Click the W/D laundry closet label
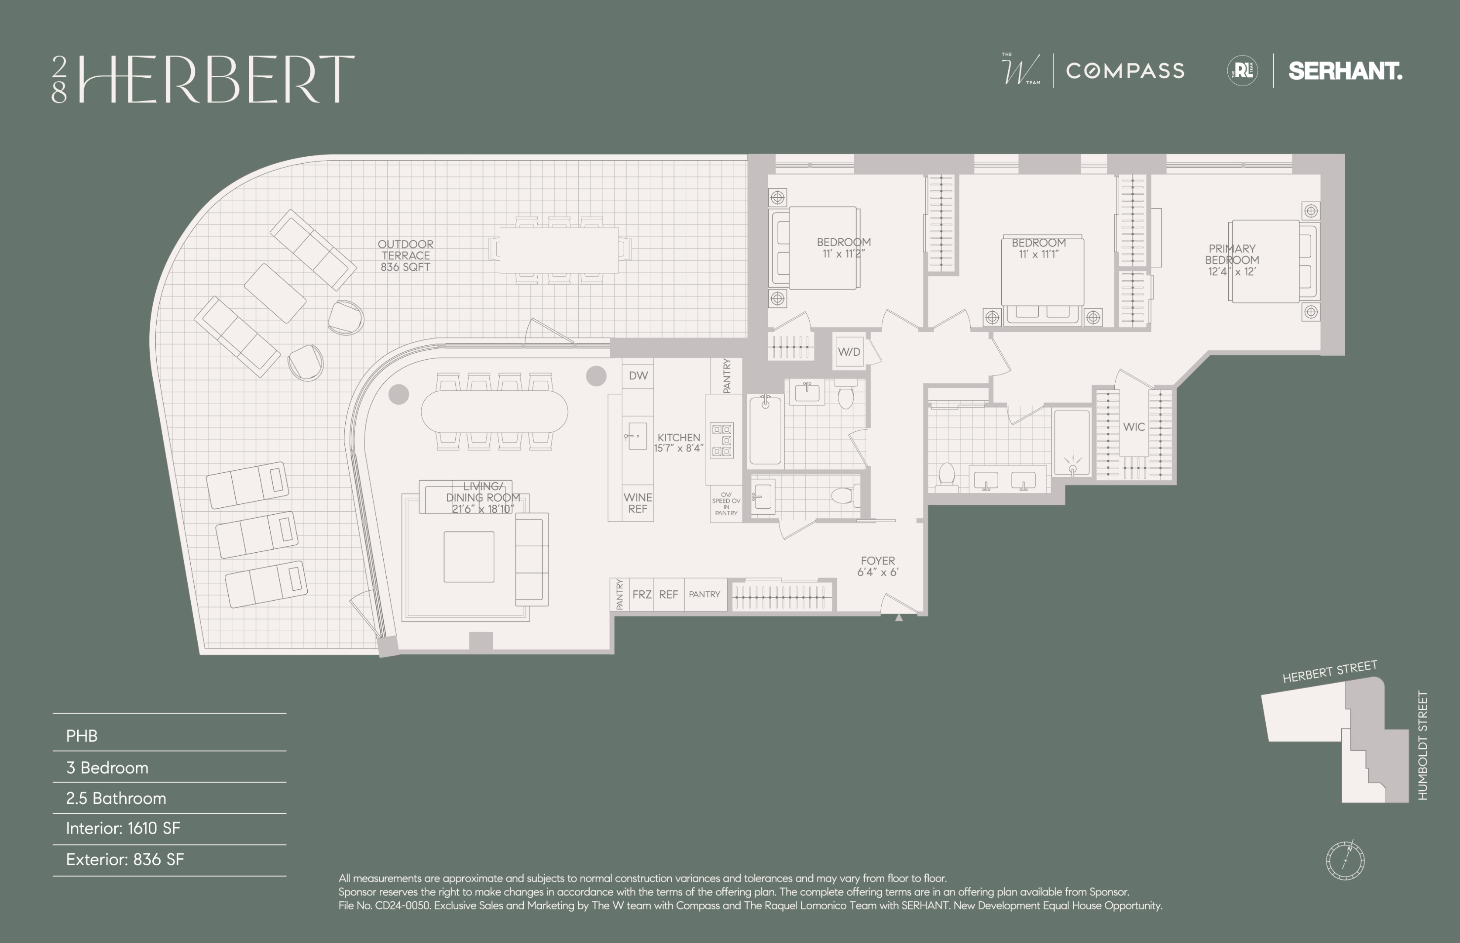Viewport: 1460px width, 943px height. [849, 352]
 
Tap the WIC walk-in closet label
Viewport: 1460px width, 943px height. [1134, 427]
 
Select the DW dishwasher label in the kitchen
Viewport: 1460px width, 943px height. [638, 375]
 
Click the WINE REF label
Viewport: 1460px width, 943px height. [637, 503]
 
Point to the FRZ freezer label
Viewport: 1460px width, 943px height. [642, 594]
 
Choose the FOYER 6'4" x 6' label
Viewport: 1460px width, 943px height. [878, 566]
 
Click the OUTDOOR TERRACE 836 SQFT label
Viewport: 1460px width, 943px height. [405, 255]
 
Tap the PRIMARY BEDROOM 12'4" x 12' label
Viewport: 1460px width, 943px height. [1232, 260]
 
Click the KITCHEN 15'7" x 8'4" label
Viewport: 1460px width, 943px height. [678, 442]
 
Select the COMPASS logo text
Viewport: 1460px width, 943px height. [1125, 71]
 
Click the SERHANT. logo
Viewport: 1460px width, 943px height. [1345, 71]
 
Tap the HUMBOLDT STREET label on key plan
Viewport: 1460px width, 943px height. [1422, 745]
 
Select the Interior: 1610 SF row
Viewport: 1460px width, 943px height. [123, 829]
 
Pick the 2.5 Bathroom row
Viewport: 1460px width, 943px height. [116, 798]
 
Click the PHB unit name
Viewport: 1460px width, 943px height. [82, 736]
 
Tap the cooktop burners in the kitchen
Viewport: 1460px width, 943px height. [722, 440]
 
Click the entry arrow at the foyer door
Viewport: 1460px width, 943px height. [899, 618]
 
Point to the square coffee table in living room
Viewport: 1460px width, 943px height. [469, 557]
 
